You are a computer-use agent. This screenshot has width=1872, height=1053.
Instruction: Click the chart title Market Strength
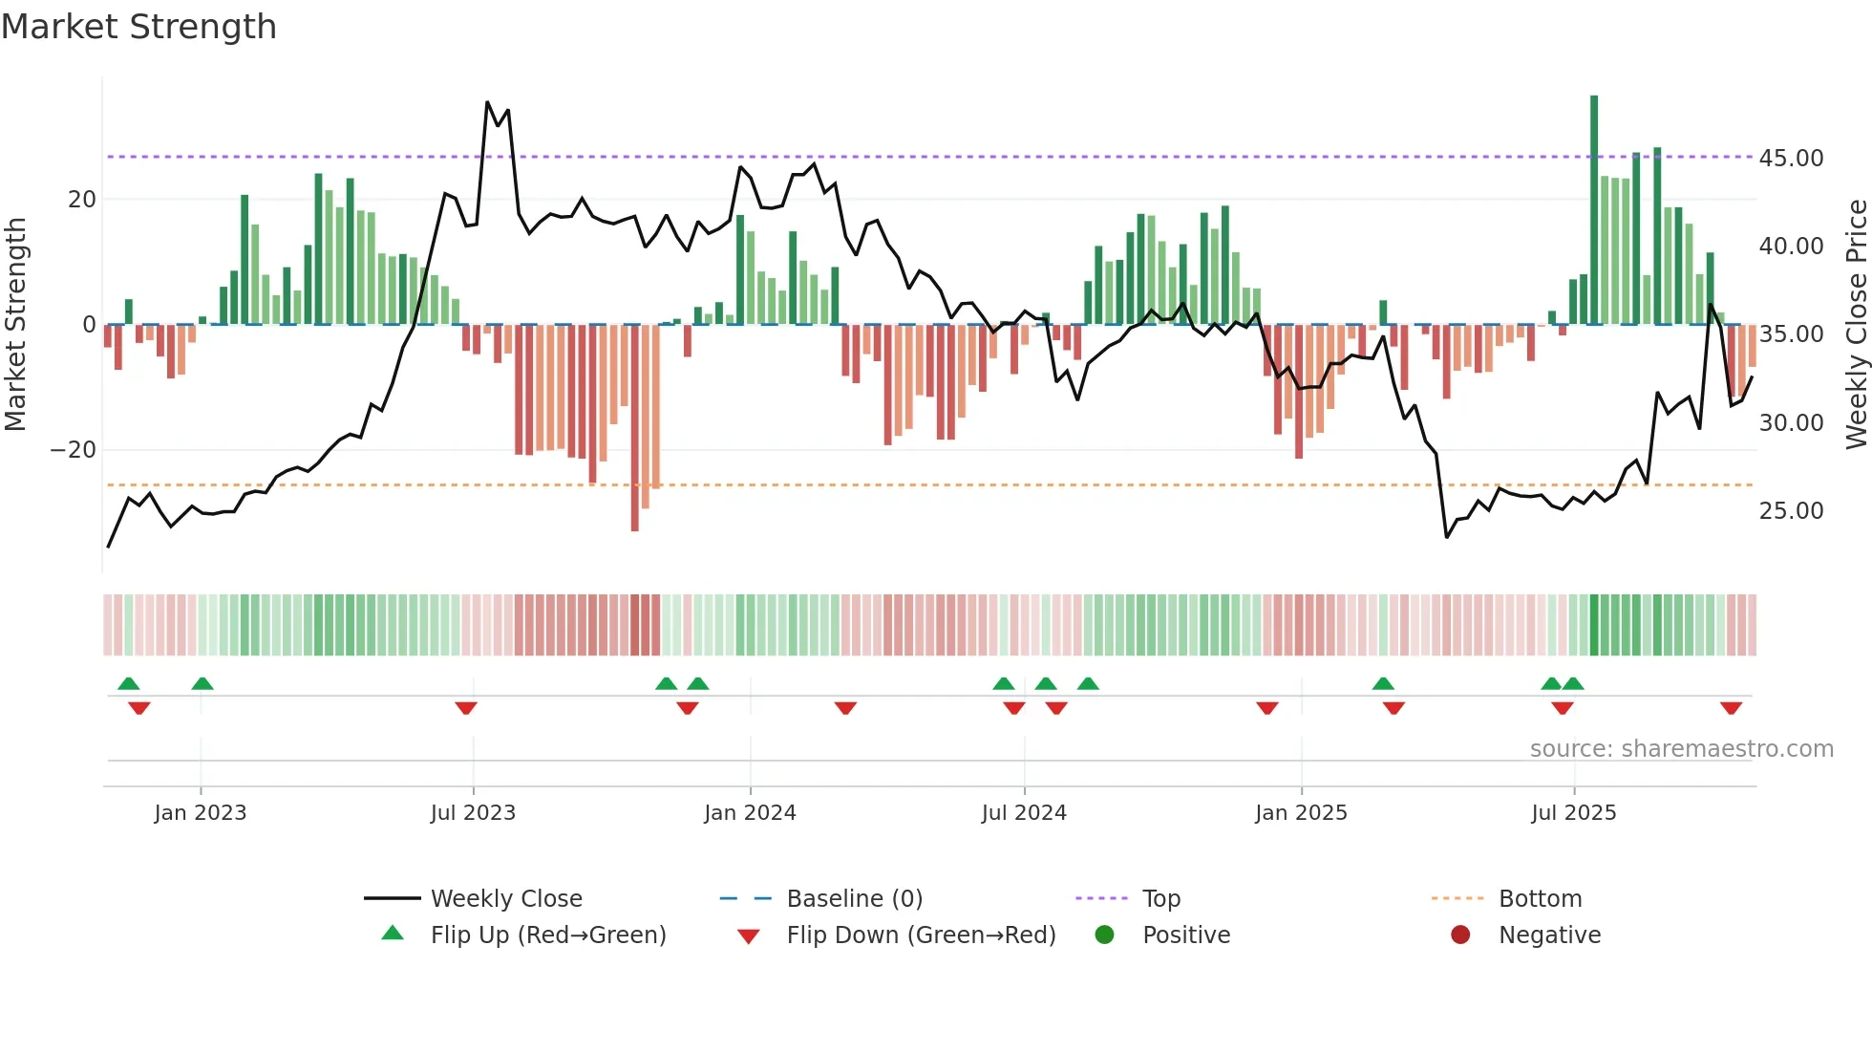click(x=138, y=27)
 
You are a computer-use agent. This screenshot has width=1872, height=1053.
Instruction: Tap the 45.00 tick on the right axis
click(x=1791, y=159)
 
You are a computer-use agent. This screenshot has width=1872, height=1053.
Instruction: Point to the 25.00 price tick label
click(x=1791, y=511)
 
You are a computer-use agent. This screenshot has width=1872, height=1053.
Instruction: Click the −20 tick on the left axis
click(x=74, y=450)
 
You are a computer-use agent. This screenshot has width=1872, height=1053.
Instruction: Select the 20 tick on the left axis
click(x=82, y=200)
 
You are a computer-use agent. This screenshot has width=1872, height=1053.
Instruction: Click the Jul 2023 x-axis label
click(x=473, y=813)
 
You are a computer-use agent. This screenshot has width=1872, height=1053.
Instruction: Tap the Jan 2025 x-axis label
click(x=1301, y=813)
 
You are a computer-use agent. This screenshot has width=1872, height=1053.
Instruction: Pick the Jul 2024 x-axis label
click(x=1024, y=813)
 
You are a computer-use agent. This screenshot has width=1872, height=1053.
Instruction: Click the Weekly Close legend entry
click(x=505, y=899)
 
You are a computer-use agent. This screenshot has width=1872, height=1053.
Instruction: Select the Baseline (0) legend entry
click(x=854, y=899)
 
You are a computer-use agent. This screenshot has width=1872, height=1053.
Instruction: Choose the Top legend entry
click(x=1161, y=899)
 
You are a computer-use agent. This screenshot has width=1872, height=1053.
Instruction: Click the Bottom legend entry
click(x=1540, y=899)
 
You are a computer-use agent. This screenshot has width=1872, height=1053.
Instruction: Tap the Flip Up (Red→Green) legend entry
click(x=547, y=935)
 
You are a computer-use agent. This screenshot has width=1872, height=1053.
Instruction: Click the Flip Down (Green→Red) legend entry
click(x=921, y=935)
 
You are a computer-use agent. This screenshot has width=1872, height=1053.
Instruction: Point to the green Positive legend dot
click(x=1104, y=935)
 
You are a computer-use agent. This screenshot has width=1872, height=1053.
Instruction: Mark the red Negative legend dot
click(x=1460, y=935)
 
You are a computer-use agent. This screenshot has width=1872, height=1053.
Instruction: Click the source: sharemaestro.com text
click(x=1681, y=749)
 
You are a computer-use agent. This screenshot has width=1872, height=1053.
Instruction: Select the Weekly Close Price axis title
click(x=1856, y=325)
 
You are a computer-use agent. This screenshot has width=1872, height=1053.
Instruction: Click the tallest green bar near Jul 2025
click(x=1594, y=210)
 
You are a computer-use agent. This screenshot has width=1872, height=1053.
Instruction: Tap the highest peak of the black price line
click(x=487, y=102)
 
